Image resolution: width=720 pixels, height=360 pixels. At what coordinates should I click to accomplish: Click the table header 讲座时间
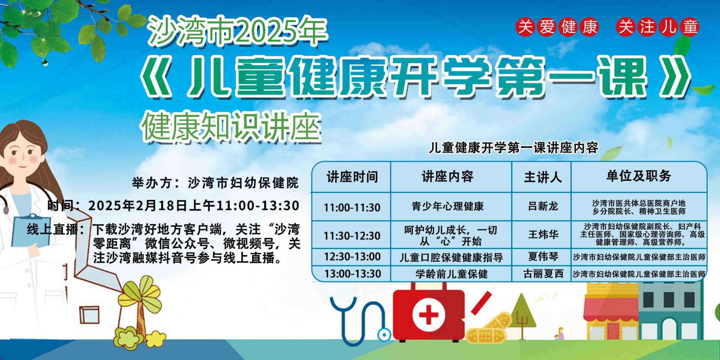tap(352, 177)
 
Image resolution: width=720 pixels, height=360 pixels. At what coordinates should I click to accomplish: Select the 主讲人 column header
tap(543, 177)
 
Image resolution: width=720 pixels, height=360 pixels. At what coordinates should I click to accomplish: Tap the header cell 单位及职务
tap(639, 176)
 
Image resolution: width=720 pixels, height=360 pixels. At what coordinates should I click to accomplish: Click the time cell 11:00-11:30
tap(352, 207)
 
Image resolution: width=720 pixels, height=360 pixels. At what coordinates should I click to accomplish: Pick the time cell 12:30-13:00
tap(352, 257)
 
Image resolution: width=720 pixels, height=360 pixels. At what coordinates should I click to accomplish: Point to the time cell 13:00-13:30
tap(352, 274)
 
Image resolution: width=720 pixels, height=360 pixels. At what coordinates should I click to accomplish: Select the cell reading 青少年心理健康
tap(448, 206)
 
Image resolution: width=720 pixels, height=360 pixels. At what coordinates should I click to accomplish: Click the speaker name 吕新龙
tap(543, 206)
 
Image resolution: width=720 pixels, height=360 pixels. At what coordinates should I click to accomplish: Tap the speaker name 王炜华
tap(543, 235)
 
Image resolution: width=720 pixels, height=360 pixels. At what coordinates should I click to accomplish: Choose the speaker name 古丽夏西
tap(543, 274)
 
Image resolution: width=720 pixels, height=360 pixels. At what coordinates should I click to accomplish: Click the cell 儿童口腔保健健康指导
tap(451, 258)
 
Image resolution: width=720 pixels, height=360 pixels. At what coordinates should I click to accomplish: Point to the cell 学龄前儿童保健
tap(451, 274)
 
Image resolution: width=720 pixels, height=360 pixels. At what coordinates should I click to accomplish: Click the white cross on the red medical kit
tap(428, 314)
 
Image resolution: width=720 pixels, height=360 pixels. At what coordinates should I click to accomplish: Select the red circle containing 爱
tap(547, 27)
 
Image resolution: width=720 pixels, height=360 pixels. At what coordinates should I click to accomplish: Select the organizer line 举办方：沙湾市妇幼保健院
tap(215, 183)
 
